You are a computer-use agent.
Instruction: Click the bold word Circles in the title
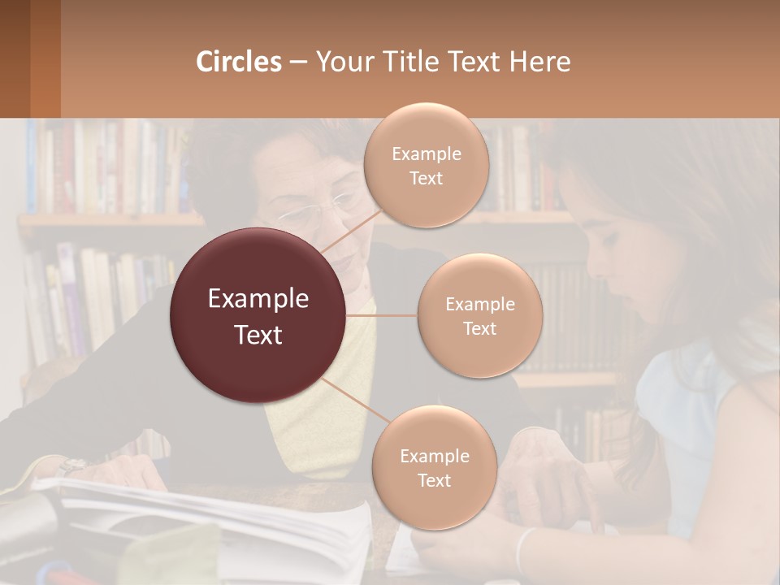point(238,62)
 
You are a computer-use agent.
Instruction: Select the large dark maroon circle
point(258,315)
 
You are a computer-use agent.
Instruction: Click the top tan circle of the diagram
point(426,165)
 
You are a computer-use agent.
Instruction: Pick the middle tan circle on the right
point(479,315)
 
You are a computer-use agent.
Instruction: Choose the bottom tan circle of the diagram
point(434,467)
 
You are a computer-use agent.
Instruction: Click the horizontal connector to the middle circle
point(382,315)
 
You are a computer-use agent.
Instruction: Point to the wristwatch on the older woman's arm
point(71,466)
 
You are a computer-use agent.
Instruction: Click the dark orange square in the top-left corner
point(29,58)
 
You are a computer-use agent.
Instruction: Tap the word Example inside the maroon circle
point(258,299)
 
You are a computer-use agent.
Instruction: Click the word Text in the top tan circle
point(426,178)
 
